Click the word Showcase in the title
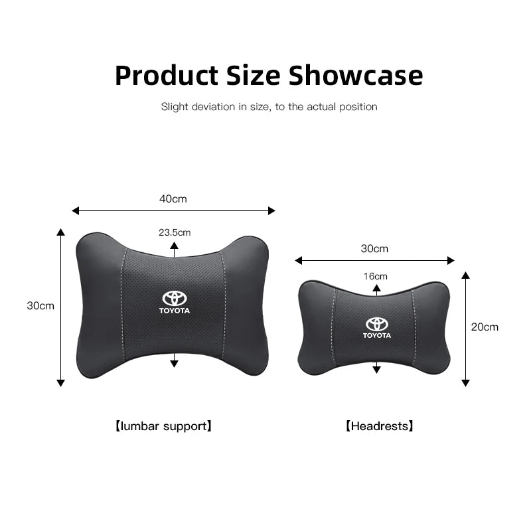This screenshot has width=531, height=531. pos(356,76)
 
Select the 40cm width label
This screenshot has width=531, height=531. pos(173,198)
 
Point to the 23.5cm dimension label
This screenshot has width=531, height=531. pos(175,232)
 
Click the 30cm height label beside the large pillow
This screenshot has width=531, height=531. pos(40,306)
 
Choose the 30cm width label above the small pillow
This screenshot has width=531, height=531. pos(374,249)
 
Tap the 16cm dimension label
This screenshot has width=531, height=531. pos(376,276)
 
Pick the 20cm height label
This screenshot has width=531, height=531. pos(485,327)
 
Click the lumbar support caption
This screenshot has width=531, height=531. pos(163,425)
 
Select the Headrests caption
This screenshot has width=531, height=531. pos(379,425)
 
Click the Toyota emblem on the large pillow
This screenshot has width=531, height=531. pos(175,298)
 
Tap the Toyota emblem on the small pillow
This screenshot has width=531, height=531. pos(377,324)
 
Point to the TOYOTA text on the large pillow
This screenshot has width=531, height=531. pos(175,311)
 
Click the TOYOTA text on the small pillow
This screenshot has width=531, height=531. pos(377,335)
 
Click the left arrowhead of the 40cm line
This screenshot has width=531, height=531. pos(75,210)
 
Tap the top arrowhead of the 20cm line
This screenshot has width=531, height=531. pos(465,275)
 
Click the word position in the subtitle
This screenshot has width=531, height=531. pos(357,107)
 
